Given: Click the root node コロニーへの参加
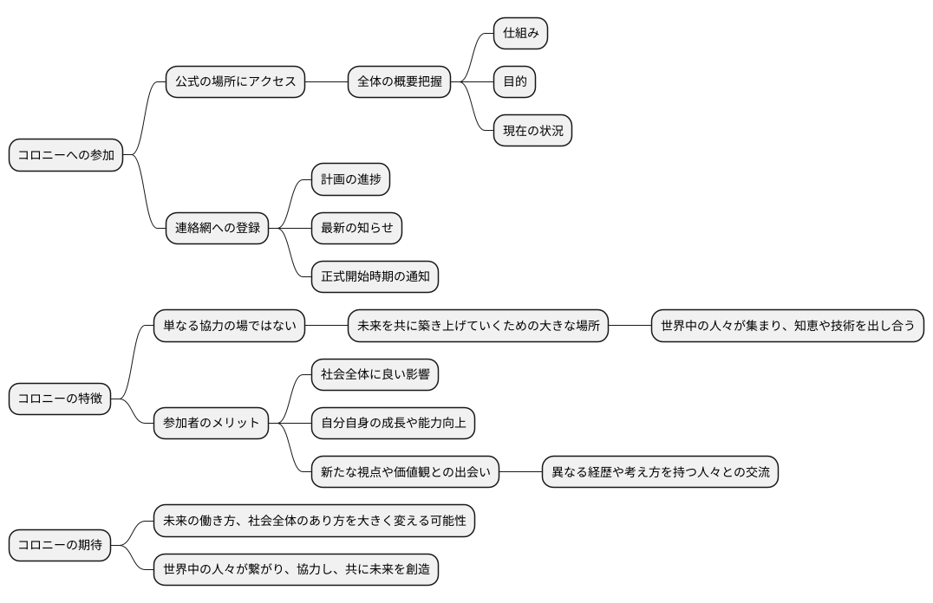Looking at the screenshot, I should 66,156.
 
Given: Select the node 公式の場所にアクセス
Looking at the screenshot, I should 235,82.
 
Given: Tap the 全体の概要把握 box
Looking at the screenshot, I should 399,82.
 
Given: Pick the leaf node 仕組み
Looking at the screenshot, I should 520,33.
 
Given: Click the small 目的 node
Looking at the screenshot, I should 514,82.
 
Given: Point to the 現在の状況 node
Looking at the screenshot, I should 532,131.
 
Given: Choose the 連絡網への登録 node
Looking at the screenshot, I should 217,229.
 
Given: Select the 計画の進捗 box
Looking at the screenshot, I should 350,179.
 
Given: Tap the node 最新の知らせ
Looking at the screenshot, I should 356,229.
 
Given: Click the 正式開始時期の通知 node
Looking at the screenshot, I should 375,277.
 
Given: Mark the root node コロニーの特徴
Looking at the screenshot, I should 60,399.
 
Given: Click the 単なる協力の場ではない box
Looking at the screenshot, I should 229,327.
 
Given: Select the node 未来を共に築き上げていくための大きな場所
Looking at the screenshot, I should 478,327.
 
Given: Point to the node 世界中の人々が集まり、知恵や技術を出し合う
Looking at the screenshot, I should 787,327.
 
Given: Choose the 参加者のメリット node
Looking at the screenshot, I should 211,424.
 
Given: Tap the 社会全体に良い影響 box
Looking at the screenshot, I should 375,375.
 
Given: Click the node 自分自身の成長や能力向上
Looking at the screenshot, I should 393,424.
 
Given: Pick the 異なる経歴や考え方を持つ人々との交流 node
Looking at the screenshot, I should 660,473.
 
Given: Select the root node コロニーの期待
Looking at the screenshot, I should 60,546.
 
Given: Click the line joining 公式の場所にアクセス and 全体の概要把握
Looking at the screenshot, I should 326,82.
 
